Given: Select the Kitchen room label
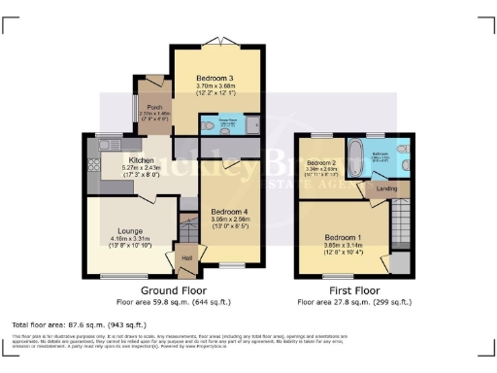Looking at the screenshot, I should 136,159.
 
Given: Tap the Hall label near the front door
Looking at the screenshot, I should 185,257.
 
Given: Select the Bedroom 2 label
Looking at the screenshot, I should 320,162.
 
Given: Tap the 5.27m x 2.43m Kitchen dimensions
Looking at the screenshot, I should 136,167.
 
